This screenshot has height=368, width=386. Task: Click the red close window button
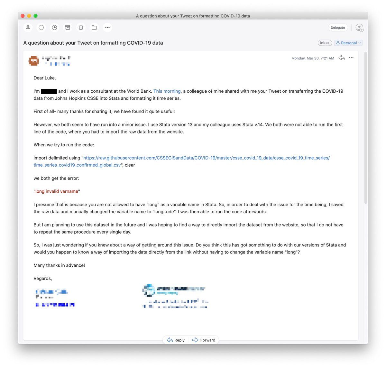[23, 16]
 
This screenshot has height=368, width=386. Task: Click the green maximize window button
[35, 16]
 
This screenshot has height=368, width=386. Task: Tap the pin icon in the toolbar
[28, 28]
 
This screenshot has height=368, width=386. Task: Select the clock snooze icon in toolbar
[55, 28]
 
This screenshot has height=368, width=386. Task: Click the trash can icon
[81, 28]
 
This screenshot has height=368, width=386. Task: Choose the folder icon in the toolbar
[94, 28]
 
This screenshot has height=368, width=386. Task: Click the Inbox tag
[325, 43]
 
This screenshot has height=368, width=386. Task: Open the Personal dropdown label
[348, 43]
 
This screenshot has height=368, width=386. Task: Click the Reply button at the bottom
[176, 340]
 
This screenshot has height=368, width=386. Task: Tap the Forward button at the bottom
[204, 340]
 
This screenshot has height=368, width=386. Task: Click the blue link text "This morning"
[167, 91]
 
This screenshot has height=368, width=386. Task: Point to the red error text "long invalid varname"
[57, 191]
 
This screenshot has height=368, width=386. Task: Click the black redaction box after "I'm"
[49, 91]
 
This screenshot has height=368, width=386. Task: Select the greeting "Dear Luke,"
[45, 78]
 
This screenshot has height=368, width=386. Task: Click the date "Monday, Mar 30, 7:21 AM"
[313, 58]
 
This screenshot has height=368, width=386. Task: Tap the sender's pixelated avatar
[34, 60]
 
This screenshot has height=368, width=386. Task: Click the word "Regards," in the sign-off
[43, 279]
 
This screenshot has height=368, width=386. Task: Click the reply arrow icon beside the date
[342, 58]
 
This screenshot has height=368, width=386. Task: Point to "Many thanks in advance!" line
[59, 265]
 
